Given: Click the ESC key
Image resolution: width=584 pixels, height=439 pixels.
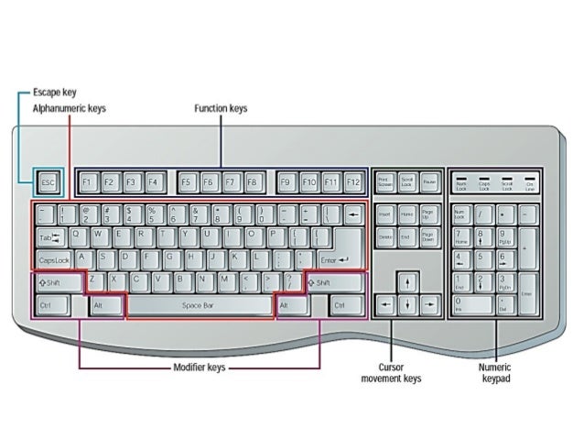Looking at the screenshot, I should (49, 182).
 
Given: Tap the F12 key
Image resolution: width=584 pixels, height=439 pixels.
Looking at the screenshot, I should (352, 182).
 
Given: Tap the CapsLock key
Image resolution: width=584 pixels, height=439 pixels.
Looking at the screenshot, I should (55, 259).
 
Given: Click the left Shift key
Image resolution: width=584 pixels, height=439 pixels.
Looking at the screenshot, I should (58, 282).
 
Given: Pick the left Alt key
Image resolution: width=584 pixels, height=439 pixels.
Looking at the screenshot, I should (105, 304).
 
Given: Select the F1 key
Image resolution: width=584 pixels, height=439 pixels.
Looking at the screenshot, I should (88, 182).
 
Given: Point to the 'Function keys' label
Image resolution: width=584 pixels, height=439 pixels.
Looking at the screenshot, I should (221, 108).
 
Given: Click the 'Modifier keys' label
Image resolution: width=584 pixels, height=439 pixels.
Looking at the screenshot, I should (200, 368).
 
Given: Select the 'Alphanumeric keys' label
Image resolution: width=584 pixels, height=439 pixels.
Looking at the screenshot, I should (70, 108).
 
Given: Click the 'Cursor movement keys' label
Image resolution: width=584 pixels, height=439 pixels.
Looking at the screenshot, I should (392, 371).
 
